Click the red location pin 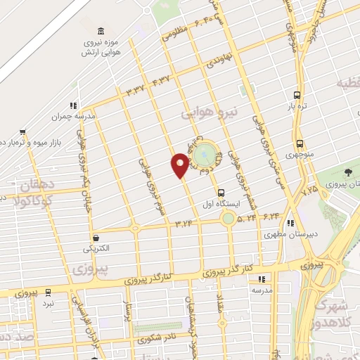click(180, 165)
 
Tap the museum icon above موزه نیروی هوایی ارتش click(103, 31)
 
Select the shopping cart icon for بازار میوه click(23, 131)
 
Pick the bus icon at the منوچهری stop click(300, 143)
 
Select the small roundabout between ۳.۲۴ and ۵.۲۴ click(228, 219)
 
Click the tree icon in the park click(349, 172)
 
